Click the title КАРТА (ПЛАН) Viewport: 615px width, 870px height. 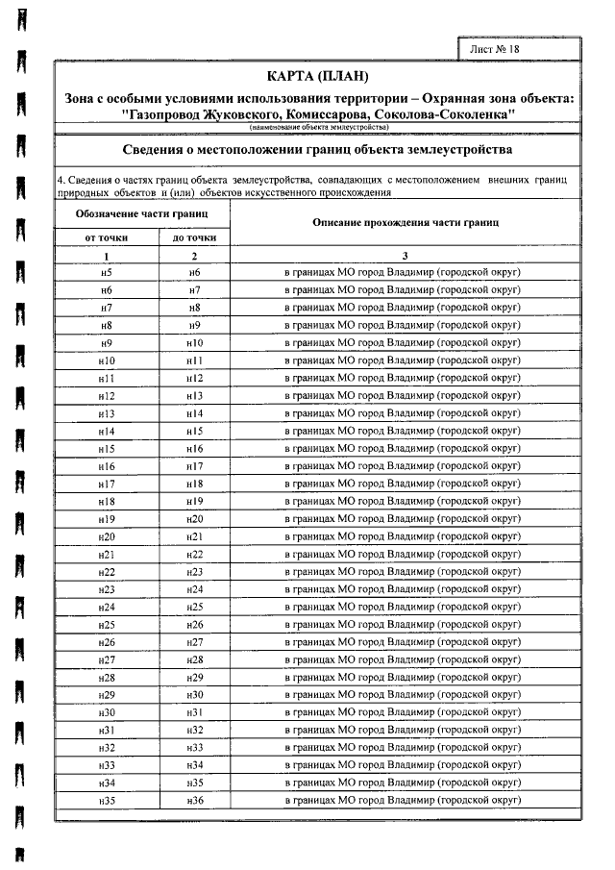click(318, 76)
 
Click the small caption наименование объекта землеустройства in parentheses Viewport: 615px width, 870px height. click(318, 127)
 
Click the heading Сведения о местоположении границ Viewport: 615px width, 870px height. click(318, 150)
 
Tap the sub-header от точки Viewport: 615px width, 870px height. click(106, 236)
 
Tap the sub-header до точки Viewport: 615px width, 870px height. click(194, 236)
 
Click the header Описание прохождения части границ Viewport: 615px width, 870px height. click(406, 222)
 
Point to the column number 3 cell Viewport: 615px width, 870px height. click(406, 256)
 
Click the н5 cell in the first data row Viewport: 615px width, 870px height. click(106, 273)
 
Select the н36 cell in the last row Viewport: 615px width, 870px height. click(195, 800)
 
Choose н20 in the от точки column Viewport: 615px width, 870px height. click(106, 536)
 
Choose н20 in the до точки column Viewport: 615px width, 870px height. click(195, 519)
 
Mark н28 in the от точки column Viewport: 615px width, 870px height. click(106, 677)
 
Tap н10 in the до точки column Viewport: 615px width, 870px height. click(195, 343)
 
